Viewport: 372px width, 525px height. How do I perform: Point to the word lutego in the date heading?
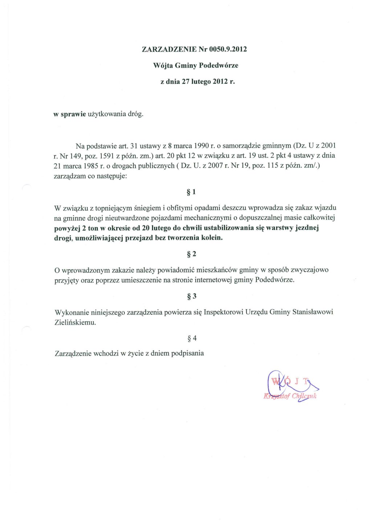point(201,82)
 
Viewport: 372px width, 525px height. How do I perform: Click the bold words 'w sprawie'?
point(69,114)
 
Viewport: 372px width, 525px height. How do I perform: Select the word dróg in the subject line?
point(135,114)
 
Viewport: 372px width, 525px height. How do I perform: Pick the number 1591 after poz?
point(107,156)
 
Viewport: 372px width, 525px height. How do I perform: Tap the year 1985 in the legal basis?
point(89,166)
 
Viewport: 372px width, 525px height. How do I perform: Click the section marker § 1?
point(191,192)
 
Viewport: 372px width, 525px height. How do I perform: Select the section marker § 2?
point(191,254)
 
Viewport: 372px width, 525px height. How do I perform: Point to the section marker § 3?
point(191,296)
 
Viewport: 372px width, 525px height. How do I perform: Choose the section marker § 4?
point(191,338)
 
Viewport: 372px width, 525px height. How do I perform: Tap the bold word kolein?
point(212,238)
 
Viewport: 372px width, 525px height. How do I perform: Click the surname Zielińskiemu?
point(75,322)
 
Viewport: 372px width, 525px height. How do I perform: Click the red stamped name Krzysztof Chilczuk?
point(290,396)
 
